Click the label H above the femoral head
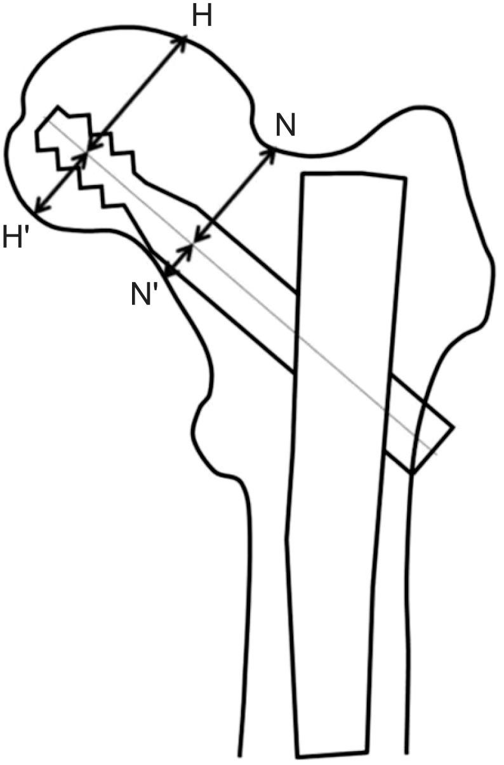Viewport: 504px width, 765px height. [x=202, y=18]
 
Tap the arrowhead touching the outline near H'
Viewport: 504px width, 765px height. [x=37, y=209]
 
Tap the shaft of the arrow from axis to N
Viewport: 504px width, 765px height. [x=232, y=196]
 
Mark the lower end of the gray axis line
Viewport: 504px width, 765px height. [x=437, y=452]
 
